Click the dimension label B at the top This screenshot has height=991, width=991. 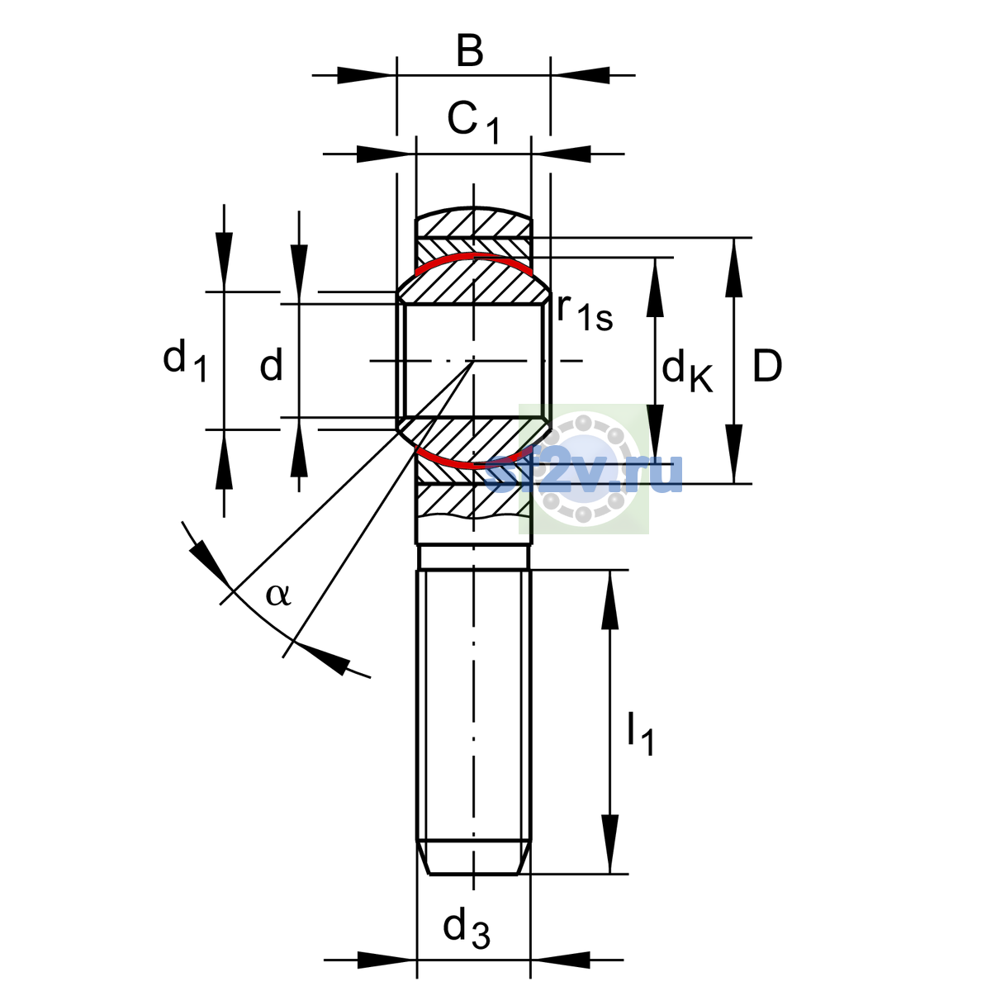coord(470,51)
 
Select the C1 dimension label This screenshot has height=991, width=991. coord(473,123)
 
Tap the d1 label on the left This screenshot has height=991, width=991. coord(185,362)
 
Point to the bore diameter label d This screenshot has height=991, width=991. coord(271,363)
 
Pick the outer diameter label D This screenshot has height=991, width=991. coord(767,366)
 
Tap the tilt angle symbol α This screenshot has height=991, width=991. coord(278,595)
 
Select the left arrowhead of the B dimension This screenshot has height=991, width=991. coord(367,76)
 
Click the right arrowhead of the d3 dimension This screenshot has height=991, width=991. coord(561,960)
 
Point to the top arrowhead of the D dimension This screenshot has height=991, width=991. coord(734,268)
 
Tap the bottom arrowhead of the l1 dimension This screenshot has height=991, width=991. coord(610,844)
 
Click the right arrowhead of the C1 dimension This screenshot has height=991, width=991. coord(561,154)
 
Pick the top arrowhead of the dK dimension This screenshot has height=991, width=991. coord(655,287)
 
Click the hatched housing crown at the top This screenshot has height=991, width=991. coord(474,223)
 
